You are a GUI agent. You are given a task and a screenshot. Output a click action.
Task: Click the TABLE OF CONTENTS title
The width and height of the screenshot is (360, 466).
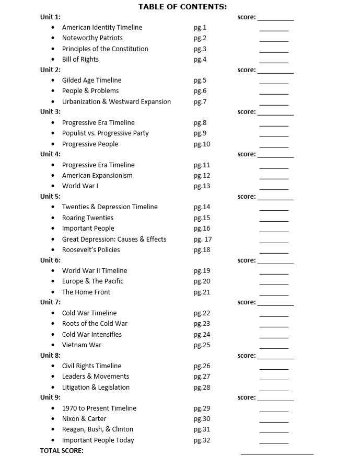(x=182, y=7)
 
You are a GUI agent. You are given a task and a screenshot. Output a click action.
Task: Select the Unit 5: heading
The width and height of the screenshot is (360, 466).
(x=50, y=197)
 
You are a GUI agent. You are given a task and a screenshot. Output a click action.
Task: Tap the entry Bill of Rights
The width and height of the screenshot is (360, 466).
(x=80, y=59)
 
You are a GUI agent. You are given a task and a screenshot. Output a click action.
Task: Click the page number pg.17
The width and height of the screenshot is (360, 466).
(x=202, y=239)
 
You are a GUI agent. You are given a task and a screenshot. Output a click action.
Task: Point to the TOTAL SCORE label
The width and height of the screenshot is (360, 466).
(x=62, y=450)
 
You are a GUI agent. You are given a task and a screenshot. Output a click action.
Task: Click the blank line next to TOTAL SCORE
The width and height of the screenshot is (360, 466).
(x=277, y=453)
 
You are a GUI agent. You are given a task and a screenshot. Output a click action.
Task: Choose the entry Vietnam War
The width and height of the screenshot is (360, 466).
(x=82, y=345)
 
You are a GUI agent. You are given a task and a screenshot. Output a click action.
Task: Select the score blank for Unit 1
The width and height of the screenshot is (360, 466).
(x=275, y=19)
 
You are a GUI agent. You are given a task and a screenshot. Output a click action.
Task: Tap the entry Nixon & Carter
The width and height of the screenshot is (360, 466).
(x=84, y=418)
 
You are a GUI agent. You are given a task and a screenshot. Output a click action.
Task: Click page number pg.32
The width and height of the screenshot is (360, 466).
(x=201, y=440)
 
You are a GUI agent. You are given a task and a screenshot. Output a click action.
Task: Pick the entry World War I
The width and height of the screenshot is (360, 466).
(x=80, y=186)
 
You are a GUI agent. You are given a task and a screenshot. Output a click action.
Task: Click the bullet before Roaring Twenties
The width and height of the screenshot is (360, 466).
(x=53, y=218)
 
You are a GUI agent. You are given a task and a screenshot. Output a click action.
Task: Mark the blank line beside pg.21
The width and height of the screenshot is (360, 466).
(x=274, y=294)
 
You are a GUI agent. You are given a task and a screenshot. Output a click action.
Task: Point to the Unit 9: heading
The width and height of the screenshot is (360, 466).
(x=50, y=397)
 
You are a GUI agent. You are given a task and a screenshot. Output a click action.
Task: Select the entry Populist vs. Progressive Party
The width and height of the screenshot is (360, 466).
(x=105, y=133)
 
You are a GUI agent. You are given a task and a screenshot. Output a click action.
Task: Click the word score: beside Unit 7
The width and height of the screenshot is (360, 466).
(x=247, y=302)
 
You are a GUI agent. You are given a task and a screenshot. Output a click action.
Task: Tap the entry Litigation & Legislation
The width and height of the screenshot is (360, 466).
(x=96, y=387)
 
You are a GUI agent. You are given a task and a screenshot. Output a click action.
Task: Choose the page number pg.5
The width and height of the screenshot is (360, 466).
(x=200, y=80)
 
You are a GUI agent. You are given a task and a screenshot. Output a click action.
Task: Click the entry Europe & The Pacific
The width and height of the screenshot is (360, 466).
(x=92, y=281)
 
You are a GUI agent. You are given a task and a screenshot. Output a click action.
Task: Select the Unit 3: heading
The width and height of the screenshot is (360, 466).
(x=50, y=112)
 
